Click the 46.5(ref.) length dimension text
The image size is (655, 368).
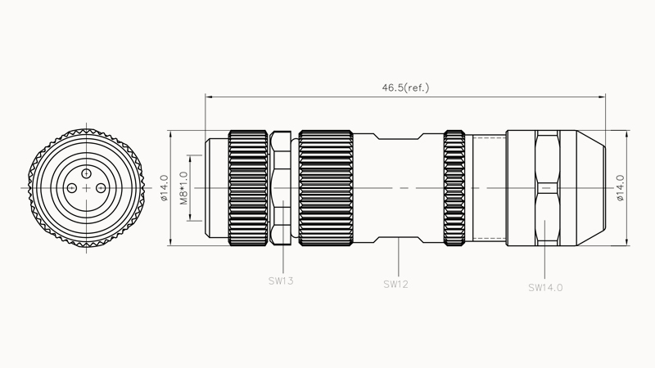click(x=405, y=88)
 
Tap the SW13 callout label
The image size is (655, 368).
click(x=281, y=280)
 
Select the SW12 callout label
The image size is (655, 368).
click(x=395, y=284)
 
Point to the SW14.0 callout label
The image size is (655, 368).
click(x=545, y=288)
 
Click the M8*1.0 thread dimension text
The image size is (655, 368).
click(x=183, y=188)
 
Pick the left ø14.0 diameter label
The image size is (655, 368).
click(x=165, y=188)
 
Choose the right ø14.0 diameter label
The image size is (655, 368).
click(x=620, y=188)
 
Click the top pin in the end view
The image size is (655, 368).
click(x=87, y=173)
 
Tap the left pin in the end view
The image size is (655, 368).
click(x=72, y=188)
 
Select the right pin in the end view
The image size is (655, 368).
click(x=101, y=188)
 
